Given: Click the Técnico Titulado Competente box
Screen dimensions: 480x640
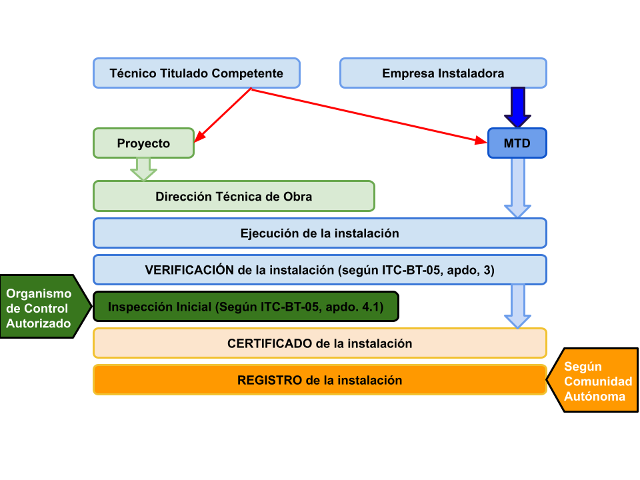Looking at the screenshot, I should pyautogui.click(x=196, y=73).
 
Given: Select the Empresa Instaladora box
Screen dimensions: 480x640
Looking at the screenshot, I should pyautogui.click(x=443, y=73).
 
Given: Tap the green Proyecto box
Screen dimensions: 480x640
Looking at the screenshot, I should pyautogui.click(x=143, y=143).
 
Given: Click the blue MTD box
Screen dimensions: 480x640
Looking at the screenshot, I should pyautogui.click(x=517, y=143).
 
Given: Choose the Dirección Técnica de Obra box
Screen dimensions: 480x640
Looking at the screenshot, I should pyautogui.click(x=233, y=197).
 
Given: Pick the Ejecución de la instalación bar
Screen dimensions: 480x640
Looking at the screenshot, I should pyautogui.click(x=319, y=233).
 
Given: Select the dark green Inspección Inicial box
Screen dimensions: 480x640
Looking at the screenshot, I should pyautogui.click(x=245, y=307).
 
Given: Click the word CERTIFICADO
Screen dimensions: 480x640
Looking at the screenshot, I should pyautogui.click(x=269, y=344).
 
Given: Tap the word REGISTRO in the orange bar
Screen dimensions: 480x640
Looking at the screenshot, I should pyautogui.click(x=269, y=381).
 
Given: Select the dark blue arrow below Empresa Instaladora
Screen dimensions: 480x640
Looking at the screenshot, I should pyautogui.click(x=517, y=107).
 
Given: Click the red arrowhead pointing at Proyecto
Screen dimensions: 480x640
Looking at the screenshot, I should pyautogui.click(x=199, y=138).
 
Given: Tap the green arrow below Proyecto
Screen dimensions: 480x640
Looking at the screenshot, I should pyautogui.click(x=143, y=169).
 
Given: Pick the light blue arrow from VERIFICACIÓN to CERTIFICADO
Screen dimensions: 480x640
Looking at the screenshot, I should pyautogui.click(x=517, y=307).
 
